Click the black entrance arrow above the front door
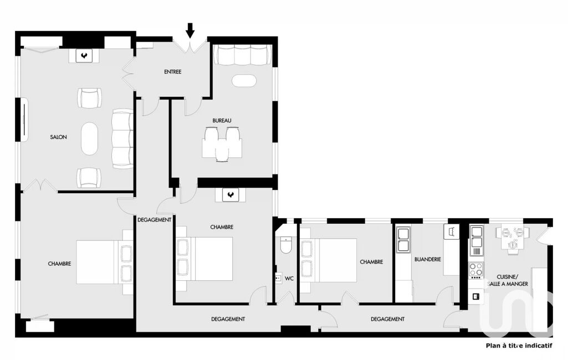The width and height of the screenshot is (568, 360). pos(190,30)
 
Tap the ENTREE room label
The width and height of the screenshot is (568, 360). pos(172,71)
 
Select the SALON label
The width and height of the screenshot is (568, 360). pos(58,137)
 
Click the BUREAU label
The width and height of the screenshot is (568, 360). pos(222,121)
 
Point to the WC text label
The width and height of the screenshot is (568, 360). pos(289,279)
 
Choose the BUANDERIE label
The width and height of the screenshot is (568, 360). pos(428,259)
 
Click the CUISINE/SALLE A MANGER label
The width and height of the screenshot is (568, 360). pos(508,280)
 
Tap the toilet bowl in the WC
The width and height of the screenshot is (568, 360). pos(286,245)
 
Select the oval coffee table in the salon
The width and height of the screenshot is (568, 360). pos(89,138)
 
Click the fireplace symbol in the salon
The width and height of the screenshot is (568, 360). pos(85,56)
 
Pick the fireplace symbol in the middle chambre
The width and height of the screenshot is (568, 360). pos(231,195)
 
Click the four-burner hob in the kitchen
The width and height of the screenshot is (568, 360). pos(476,270)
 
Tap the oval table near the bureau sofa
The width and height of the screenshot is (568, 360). pos(244,81)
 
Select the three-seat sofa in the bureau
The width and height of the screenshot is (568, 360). pos(243,55)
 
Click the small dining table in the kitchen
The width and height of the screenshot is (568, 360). pos(512,238)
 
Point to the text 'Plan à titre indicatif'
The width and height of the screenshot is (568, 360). pos(519,346)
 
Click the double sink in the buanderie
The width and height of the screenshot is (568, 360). pos(403,239)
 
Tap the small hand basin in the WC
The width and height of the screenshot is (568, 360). pos(278,278)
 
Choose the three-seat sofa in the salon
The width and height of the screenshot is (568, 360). pos(122,138)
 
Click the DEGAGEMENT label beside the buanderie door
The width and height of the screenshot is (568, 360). pos(387,319)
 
